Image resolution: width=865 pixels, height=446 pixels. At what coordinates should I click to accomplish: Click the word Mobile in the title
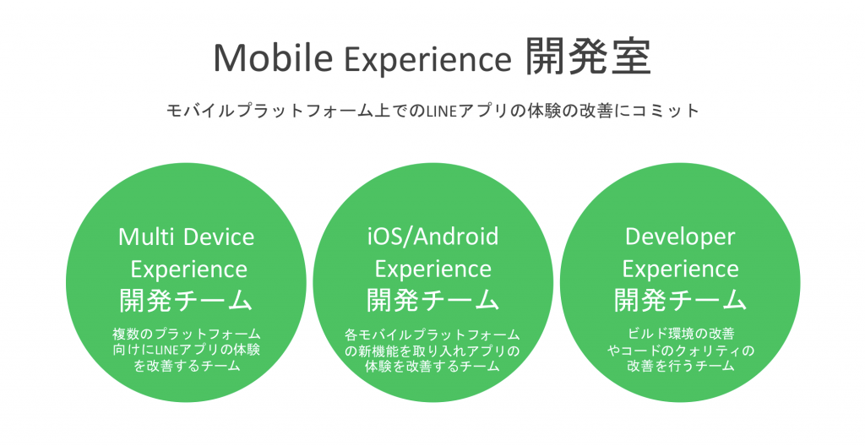(273, 57)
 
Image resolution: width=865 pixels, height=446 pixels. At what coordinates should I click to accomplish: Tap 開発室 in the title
(588, 57)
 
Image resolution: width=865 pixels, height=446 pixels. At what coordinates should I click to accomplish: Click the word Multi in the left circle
(145, 237)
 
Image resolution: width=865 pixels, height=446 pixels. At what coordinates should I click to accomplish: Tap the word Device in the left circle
(219, 237)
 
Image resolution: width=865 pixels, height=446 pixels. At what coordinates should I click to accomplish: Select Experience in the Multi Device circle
(188, 270)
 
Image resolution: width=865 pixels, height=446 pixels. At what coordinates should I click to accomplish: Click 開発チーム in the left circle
(186, 301)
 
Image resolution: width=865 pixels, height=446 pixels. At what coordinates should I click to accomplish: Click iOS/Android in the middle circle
(432, 237)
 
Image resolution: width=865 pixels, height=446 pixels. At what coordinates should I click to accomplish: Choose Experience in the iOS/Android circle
(433, 270)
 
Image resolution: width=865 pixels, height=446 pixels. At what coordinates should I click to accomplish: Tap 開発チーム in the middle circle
(433, 301)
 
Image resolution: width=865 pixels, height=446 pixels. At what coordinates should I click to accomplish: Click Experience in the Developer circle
(680, 270)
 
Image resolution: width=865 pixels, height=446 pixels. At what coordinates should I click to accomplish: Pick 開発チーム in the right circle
(680, 301)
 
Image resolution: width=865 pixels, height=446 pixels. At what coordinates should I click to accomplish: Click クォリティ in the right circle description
(707, 351)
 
